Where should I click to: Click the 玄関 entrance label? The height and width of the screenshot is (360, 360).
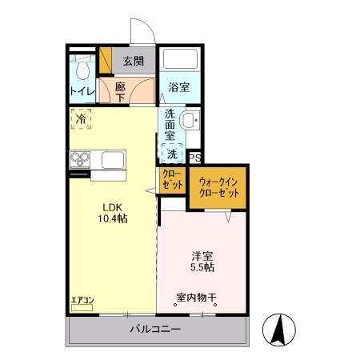pos(133,60)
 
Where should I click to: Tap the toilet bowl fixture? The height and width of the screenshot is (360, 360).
pos(81,66)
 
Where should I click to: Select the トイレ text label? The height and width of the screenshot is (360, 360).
pos(82,92)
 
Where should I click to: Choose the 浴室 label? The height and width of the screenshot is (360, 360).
pos(178,88)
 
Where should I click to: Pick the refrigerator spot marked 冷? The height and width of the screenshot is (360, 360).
pos(82,119)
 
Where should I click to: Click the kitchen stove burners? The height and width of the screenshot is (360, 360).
pos(80,161)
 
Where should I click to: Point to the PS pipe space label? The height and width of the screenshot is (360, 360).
pos(194,158)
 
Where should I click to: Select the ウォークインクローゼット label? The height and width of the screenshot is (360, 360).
pos(218,188)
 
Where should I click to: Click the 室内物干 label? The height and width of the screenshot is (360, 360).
pos(197,298)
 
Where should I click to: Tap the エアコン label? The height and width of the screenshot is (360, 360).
pos(82,301)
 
